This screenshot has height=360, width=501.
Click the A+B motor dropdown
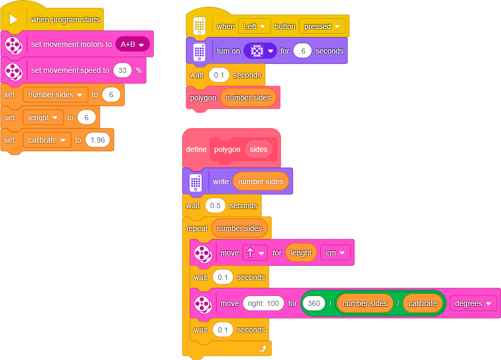pos(132,44)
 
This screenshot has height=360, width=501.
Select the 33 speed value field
pos(122,70)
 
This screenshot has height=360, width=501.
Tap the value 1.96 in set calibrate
pos(97,140)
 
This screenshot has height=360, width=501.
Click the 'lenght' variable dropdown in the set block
pos(43,118)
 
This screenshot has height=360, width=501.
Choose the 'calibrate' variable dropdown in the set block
pos(47,140)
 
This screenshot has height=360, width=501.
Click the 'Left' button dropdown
pos(254,26)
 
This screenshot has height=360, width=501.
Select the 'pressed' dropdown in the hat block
pos(322,26)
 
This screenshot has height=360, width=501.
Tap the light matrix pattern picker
pos(261,51)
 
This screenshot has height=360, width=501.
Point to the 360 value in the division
pos(314,303)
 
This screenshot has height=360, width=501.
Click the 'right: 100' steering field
pos(263,303)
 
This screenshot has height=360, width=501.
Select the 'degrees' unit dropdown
pos(473,303)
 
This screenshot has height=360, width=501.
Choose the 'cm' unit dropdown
pos(335,253)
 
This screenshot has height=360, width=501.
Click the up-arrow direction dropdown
pos(255,253)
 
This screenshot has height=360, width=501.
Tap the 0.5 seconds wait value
pos(215,205)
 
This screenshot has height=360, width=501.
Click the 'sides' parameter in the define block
pos(258,149)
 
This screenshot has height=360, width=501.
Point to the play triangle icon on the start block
pos(14,20)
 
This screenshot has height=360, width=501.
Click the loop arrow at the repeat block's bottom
pos(262,349)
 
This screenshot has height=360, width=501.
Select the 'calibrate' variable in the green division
pos(422,303)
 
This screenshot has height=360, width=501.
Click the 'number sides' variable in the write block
pos(260,182)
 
